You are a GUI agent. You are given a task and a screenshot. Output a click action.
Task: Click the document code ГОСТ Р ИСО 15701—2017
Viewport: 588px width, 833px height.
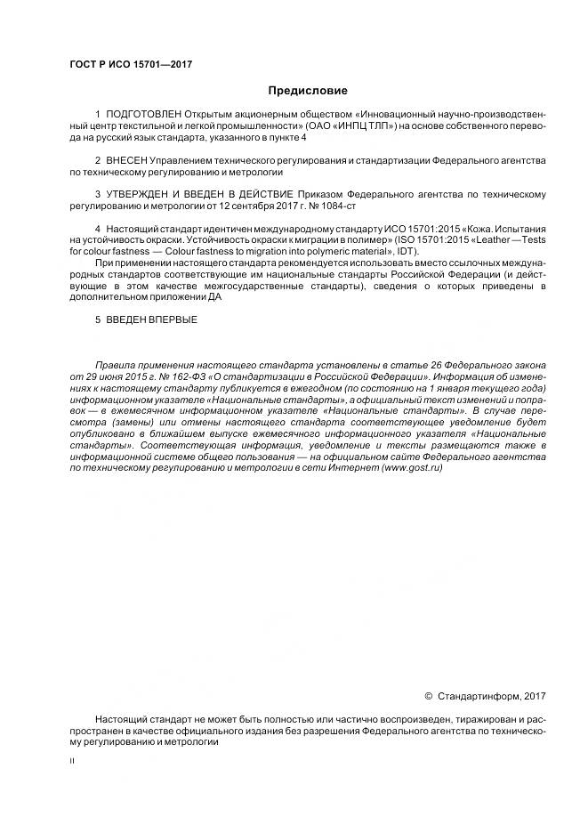point(130,65)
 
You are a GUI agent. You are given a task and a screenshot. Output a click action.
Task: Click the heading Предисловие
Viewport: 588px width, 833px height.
point(308,90)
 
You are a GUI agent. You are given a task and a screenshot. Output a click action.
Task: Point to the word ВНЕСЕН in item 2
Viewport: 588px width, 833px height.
point(126,160)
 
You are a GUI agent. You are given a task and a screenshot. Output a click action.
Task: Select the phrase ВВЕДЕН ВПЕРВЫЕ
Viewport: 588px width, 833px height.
point(151,319)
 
